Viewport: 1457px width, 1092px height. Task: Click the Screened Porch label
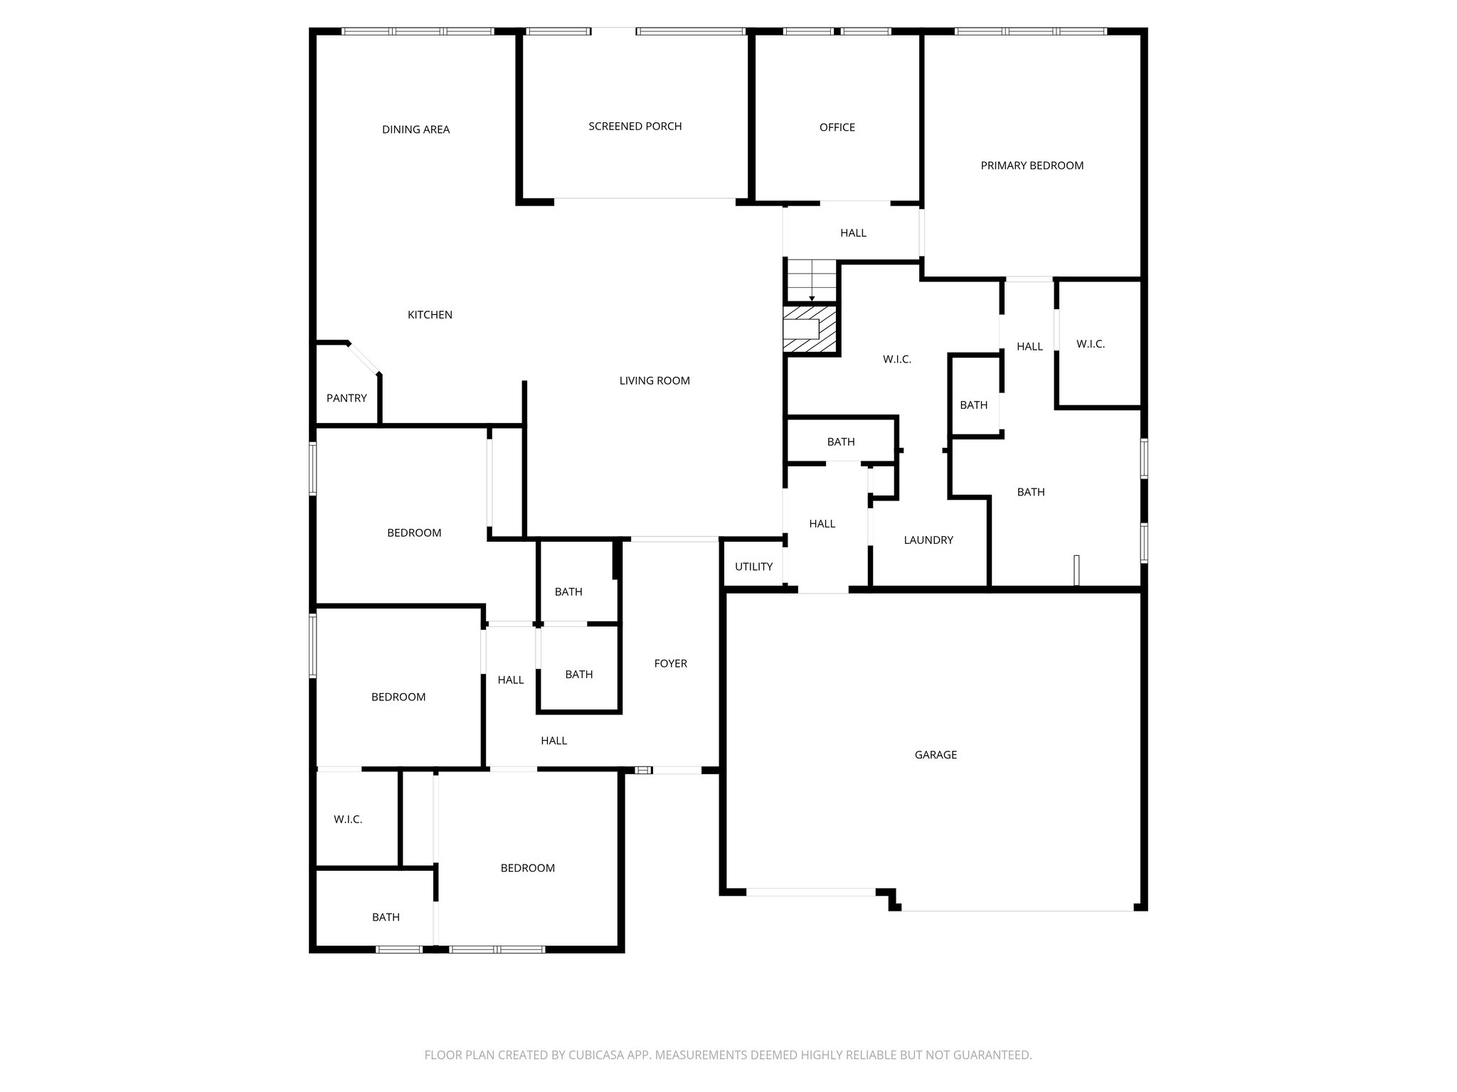tap(635, 127)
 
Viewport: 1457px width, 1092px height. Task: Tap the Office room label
tap(837, 127)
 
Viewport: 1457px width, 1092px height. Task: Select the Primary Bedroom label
tap(1032, 166)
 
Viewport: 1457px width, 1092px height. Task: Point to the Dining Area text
tap(415, 129)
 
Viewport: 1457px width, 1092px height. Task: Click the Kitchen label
tap(430, 315)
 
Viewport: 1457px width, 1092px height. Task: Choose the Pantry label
tap(346, 398)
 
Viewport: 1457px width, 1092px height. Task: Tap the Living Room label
tap(655, 381)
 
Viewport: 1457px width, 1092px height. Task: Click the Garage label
tap(936, 755)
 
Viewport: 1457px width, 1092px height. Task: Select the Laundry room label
tap(928, 540)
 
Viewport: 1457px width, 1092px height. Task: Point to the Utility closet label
tap(753, 567)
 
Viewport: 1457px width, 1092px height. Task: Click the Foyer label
tap(670, 663)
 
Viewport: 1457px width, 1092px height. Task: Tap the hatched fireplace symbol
tap(810, 328)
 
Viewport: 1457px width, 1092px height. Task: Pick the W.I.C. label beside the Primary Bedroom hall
tap(1090, 344)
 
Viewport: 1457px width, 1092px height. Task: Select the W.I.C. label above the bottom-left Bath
tap(348, 820)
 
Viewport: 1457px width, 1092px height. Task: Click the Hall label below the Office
tap(853, 233)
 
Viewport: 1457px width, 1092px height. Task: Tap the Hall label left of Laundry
tap(822, 524)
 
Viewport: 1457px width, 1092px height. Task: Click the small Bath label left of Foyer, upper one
tap(568, 591)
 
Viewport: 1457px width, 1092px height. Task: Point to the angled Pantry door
tap(364, 358)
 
